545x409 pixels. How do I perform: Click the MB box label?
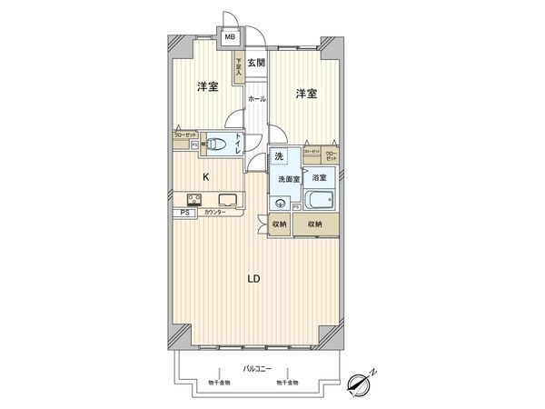point(231,38)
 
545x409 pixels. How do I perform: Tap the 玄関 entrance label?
point(256,63)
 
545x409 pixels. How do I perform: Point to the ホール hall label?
point(257,97)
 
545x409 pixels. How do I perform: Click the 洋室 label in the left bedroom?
point(207,86)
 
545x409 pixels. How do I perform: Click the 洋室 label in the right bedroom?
point(305,94)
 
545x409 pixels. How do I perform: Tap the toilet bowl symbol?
point(219,142)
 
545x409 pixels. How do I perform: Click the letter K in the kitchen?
point(206,176)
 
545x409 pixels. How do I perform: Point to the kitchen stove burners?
point(195,200)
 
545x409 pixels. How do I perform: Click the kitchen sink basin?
point(227,200)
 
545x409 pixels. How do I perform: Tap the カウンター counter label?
point(214,214)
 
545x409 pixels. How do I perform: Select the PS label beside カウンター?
point(184,214)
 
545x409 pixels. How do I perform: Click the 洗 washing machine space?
point(280,158)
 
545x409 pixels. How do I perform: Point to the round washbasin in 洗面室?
point(282,204)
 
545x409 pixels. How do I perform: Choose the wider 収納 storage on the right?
point(315,224)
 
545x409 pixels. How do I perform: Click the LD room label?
point(254,279)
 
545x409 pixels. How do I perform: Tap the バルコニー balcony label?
point(254,367)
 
